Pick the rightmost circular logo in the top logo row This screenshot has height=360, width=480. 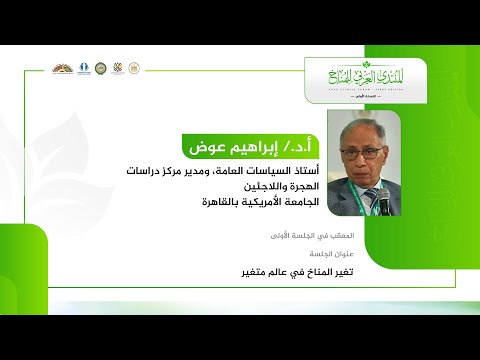tap(134, 68)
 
